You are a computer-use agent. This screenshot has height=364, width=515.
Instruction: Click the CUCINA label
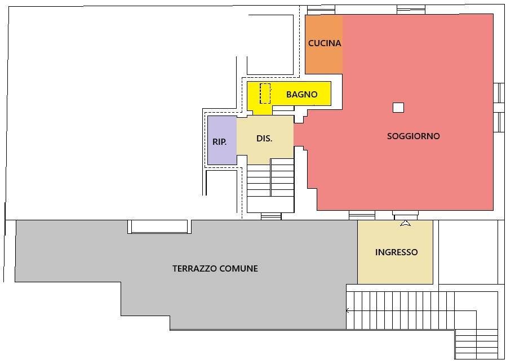(x=325, y=43)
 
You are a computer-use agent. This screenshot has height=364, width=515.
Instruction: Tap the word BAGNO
(x=302, y=95)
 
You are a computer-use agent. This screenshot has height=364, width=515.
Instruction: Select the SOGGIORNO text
(x=413, y=136)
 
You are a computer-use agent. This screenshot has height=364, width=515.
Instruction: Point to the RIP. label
(x=219, y=142)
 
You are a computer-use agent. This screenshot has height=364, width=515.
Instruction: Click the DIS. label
(x=264, y=139)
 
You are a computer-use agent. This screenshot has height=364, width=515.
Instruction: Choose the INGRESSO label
(x=397, y=252)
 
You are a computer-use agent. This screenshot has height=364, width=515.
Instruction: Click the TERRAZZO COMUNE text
(x=215, y=269)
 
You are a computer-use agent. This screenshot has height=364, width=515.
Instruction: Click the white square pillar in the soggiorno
(x=398, y=108)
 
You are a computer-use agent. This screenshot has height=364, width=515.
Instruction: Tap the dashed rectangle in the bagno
(x=265, y=94)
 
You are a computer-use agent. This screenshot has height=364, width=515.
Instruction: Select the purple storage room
(x=222, y=140)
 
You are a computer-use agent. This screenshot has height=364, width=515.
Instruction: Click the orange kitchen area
(x=324, y=45)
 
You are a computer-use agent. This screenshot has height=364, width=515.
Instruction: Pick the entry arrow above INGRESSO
(x=406, y=223)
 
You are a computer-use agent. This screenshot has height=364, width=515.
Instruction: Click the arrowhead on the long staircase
(x=348, y=310)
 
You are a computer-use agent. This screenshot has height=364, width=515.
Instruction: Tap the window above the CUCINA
(x=321, y=10)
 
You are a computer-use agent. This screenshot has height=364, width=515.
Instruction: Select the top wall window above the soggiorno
(x=411, y=10)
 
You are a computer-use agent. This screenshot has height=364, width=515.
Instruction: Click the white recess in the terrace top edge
(x=159, y=227)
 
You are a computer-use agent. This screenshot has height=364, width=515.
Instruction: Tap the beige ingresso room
(x=395, y=252)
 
